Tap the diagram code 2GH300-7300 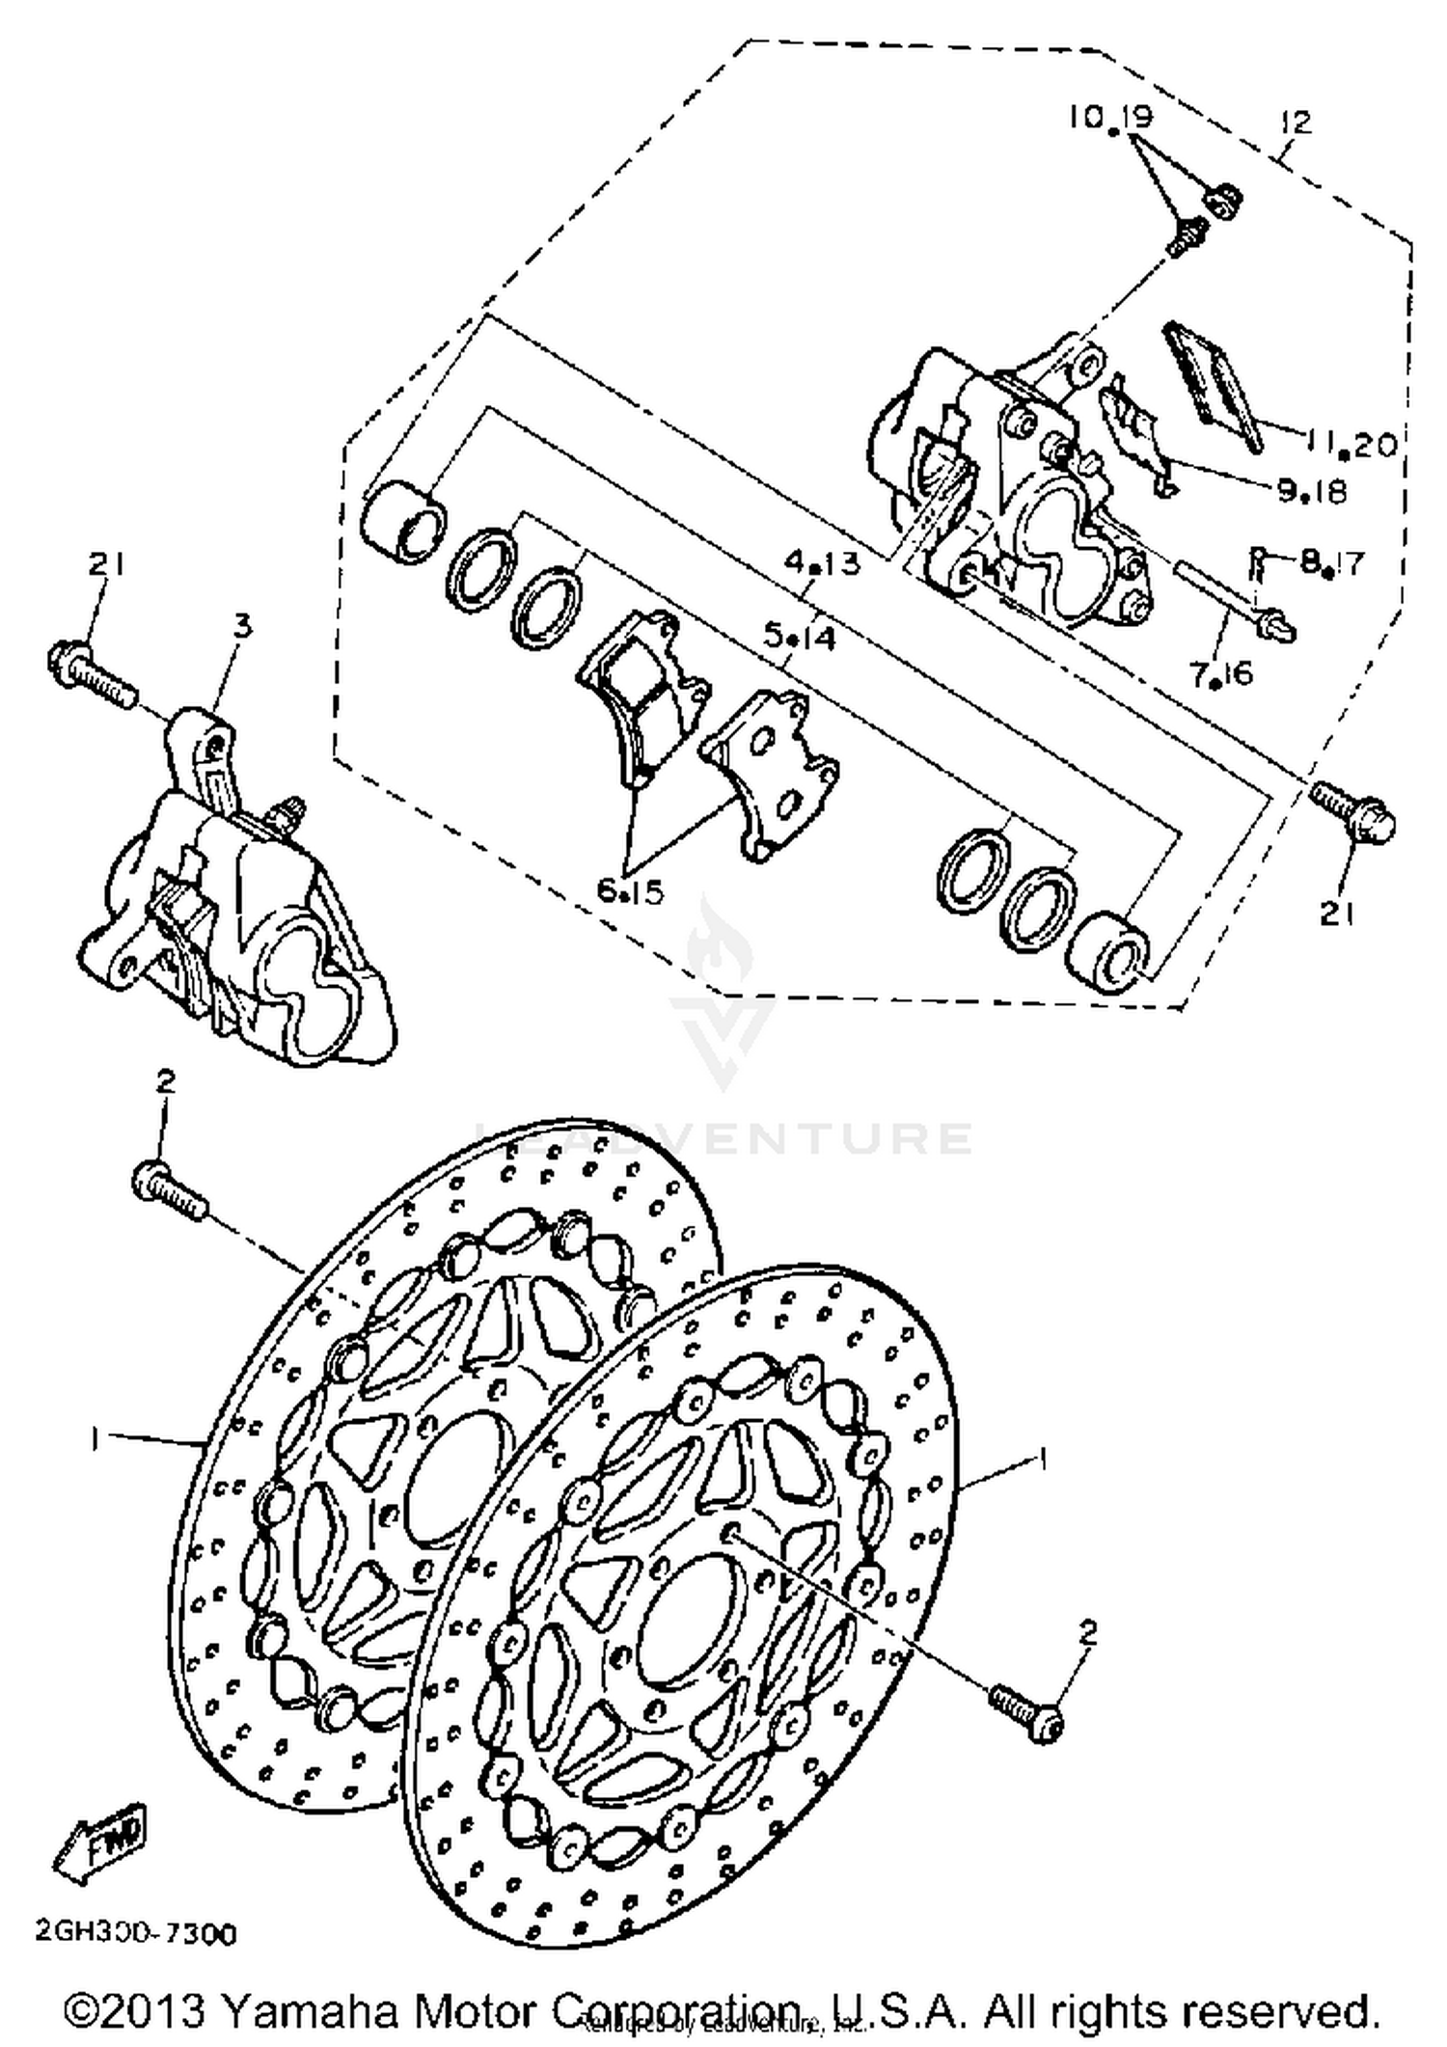pos(135,1933)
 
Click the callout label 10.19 pos(1109,118)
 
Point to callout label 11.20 pos(1351,444)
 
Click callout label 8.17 pos(1331,561)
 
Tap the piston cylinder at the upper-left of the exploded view pos(403,524)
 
